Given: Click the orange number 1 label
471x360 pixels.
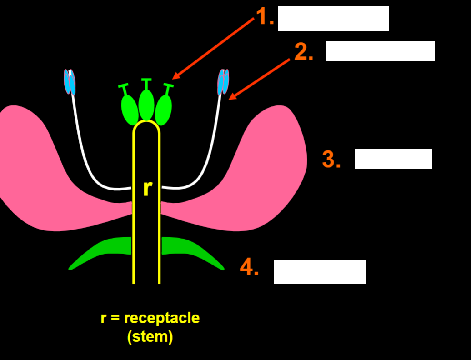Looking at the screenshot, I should click(264, 17).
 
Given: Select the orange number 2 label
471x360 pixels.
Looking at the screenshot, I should click(303, 52).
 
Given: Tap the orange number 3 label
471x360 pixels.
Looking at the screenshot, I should click(331, 160).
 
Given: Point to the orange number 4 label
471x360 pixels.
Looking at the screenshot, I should click(249, 267).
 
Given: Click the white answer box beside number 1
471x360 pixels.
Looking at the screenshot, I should click(333, 18).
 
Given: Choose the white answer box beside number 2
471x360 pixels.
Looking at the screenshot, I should click(380, 51).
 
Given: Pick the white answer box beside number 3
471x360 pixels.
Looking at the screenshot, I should click(393, 159).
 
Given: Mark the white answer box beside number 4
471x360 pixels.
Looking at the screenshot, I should click(319, 272).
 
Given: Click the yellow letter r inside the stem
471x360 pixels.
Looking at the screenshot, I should click(146, 188).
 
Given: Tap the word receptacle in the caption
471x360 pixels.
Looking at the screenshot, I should click(161, 318).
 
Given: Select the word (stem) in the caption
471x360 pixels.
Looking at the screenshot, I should click(150, 337).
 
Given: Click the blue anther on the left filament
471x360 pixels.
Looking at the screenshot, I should click(70, 82).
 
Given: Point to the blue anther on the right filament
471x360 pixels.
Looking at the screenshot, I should click(223, 82).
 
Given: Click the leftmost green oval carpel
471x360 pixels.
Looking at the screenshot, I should click(130, 109).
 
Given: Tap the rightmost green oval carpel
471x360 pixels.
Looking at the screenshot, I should click(163, 109).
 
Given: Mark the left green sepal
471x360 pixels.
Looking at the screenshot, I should click(102, 250).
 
